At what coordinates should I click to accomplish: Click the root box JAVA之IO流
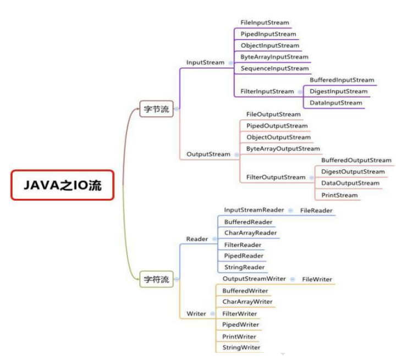[x=63, y=185]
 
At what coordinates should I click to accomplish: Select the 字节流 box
[x=156, y=108]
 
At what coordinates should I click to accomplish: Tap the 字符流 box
[x=156, y=279]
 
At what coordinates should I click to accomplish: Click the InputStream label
[x=205, y=63]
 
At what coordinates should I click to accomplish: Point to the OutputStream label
[x=208, y=154]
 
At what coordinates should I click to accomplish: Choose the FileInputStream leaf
[x=265, y=23]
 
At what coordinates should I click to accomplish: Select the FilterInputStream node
[x=267, y=91]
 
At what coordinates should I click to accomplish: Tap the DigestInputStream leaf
[x=338, y=91]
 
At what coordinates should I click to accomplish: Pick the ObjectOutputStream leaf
[x=278, y=137]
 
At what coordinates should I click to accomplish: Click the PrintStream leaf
[x=339, y=195]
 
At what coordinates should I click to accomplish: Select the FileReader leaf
[x=316, y=210]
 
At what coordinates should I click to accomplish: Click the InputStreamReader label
[x=254, y=210]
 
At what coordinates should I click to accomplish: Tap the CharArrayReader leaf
[x=250, y=233]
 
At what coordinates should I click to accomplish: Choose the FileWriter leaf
[x=317, y=279]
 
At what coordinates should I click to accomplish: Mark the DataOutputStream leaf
[x=350, y=183]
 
